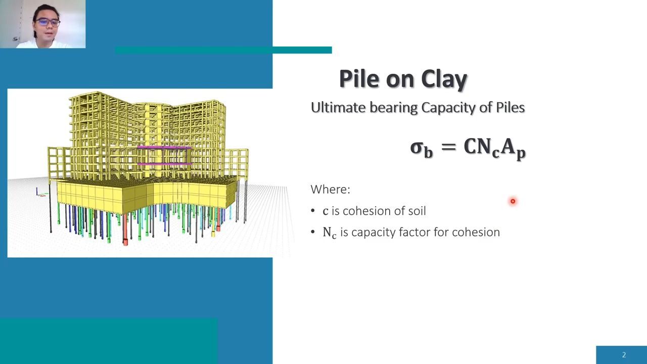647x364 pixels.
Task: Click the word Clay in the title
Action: (444, 79)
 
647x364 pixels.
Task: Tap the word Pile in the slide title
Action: (359, 78)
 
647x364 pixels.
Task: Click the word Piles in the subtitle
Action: (510, 108)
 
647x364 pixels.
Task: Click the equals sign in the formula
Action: (448, 147)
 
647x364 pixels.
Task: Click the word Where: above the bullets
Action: (331, 190)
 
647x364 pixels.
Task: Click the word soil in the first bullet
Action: (417, 211)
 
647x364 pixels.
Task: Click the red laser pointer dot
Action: (513, 201)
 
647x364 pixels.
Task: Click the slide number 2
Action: (624, 355)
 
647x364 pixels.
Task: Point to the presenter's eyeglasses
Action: (48, 22)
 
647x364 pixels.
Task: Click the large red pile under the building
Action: (125, 230)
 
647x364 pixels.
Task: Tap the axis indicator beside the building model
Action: (41, 193)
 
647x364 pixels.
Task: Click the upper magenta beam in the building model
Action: (164, 147)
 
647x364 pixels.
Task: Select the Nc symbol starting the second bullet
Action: (330, 233)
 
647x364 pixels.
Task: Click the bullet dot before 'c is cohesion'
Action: (312, 211)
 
